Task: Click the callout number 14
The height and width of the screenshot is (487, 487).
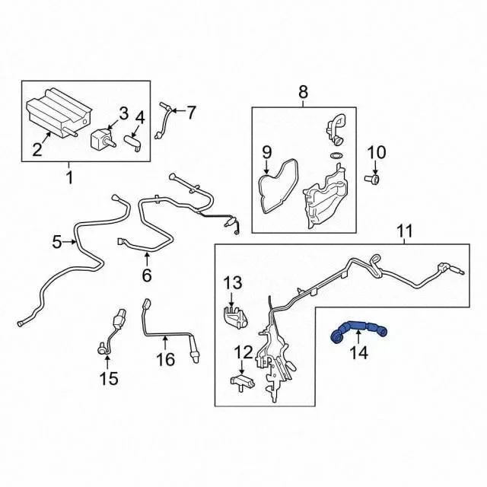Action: (x=358, y=353)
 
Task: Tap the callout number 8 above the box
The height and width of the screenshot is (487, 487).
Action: (x=303, y=92)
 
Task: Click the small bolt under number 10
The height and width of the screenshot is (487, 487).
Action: (x=372, y=179)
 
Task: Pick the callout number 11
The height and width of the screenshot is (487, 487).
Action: (x=405, y=231)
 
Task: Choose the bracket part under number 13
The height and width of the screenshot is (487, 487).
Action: (x=236, y=317)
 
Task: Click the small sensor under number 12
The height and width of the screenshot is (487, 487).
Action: (x=241, y=382)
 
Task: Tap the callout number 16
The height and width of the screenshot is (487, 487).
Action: (x=166, y=359)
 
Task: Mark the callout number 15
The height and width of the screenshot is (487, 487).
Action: (x=109, y=379)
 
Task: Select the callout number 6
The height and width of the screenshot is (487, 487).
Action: (x=147, y=275)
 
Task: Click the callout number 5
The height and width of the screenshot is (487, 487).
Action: (x=57, y=242)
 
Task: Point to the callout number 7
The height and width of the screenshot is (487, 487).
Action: (x=191, y=112)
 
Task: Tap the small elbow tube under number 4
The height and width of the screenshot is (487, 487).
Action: (x=133, y=143)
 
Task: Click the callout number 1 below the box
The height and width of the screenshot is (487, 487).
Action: (x=69, y=177)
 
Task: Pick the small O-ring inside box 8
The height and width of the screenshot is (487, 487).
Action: (x=335, y=155)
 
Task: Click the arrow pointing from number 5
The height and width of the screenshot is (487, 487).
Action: (x=69, y=242)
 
